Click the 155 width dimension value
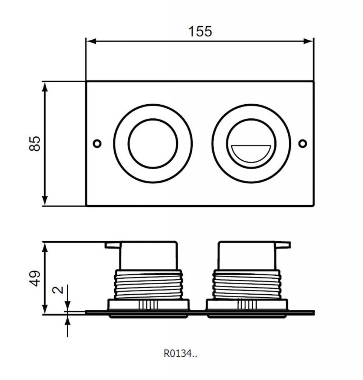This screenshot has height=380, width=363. [x=200, y=32]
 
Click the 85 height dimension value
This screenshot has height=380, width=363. [x=35, y=144]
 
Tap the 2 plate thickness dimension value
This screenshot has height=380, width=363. [x=58, y=289]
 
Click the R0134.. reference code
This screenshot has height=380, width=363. [x=180, y=354]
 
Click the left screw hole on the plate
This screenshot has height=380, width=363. [x=97, y=143]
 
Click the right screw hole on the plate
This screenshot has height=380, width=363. [x=302, y=144]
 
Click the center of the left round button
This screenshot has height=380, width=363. [x=153, y=144]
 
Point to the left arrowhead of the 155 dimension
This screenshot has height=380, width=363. [x=91, y=41]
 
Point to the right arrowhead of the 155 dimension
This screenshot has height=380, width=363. [x=308, y=41]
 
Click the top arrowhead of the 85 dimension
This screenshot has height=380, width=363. [x=45, y=87]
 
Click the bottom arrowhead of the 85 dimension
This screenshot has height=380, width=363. [x=45, y=201]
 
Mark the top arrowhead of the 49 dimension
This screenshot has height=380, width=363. [x=45, y=247]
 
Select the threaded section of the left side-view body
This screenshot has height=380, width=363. [x=148, y=284]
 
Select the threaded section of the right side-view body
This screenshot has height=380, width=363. [x=246, y=284]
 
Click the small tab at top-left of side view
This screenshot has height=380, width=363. [x=113, y=245]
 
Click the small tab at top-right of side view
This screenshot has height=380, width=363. [x=283, y=245]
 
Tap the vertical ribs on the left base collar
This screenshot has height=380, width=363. [x=148, y=305]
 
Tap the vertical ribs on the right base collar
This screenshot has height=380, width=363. [x=247, y=305]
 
